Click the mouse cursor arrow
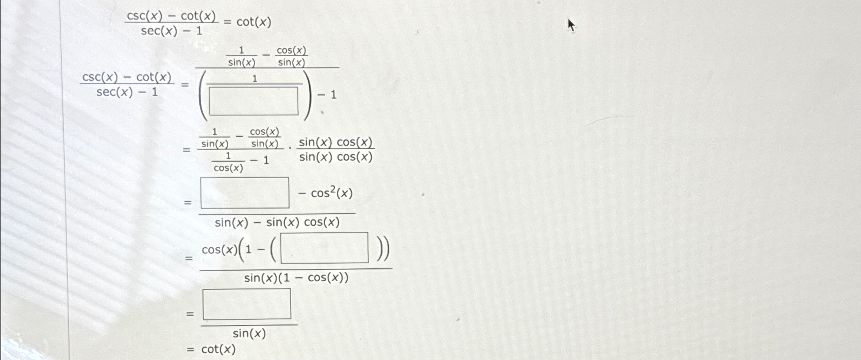[570, 25]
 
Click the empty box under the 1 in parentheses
[254, 101]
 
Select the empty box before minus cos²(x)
[245, 193]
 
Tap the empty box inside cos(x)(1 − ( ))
[325, 248]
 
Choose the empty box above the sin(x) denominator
[247, 304]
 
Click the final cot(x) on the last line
[218, 349]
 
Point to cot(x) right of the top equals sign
[254, 22]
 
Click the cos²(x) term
[332, 194]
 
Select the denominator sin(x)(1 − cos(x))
[296, 278]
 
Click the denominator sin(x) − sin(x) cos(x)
[277, 222]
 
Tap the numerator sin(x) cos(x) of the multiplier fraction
[336, 142]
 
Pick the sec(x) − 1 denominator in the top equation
[172, 31]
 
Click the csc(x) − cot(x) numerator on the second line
[127, 77]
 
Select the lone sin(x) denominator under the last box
[249, 334]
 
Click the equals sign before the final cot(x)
[191, 350]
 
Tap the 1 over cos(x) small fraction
[228, 162]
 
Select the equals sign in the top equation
[227, 23]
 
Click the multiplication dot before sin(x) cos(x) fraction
[290, 149]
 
